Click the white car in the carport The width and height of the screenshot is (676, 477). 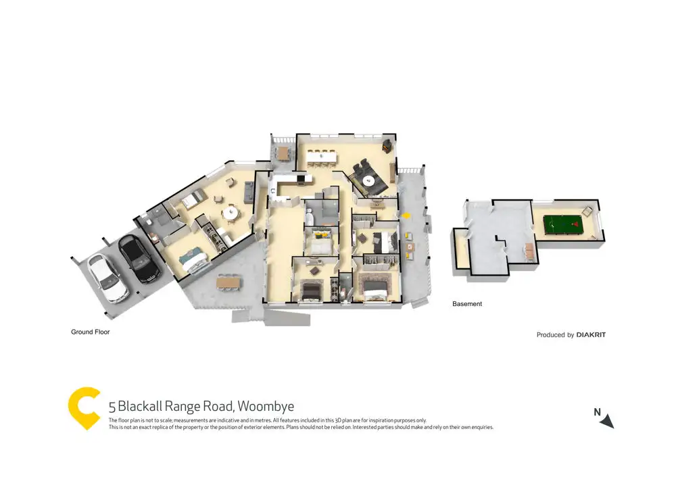108,278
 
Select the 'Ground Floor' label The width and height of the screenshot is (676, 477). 91,332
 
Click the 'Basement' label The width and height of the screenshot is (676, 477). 467,304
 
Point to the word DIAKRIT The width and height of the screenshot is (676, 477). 591,334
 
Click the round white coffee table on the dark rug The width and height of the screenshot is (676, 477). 368,180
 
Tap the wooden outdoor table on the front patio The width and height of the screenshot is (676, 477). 228,281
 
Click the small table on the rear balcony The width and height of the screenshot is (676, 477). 283,152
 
